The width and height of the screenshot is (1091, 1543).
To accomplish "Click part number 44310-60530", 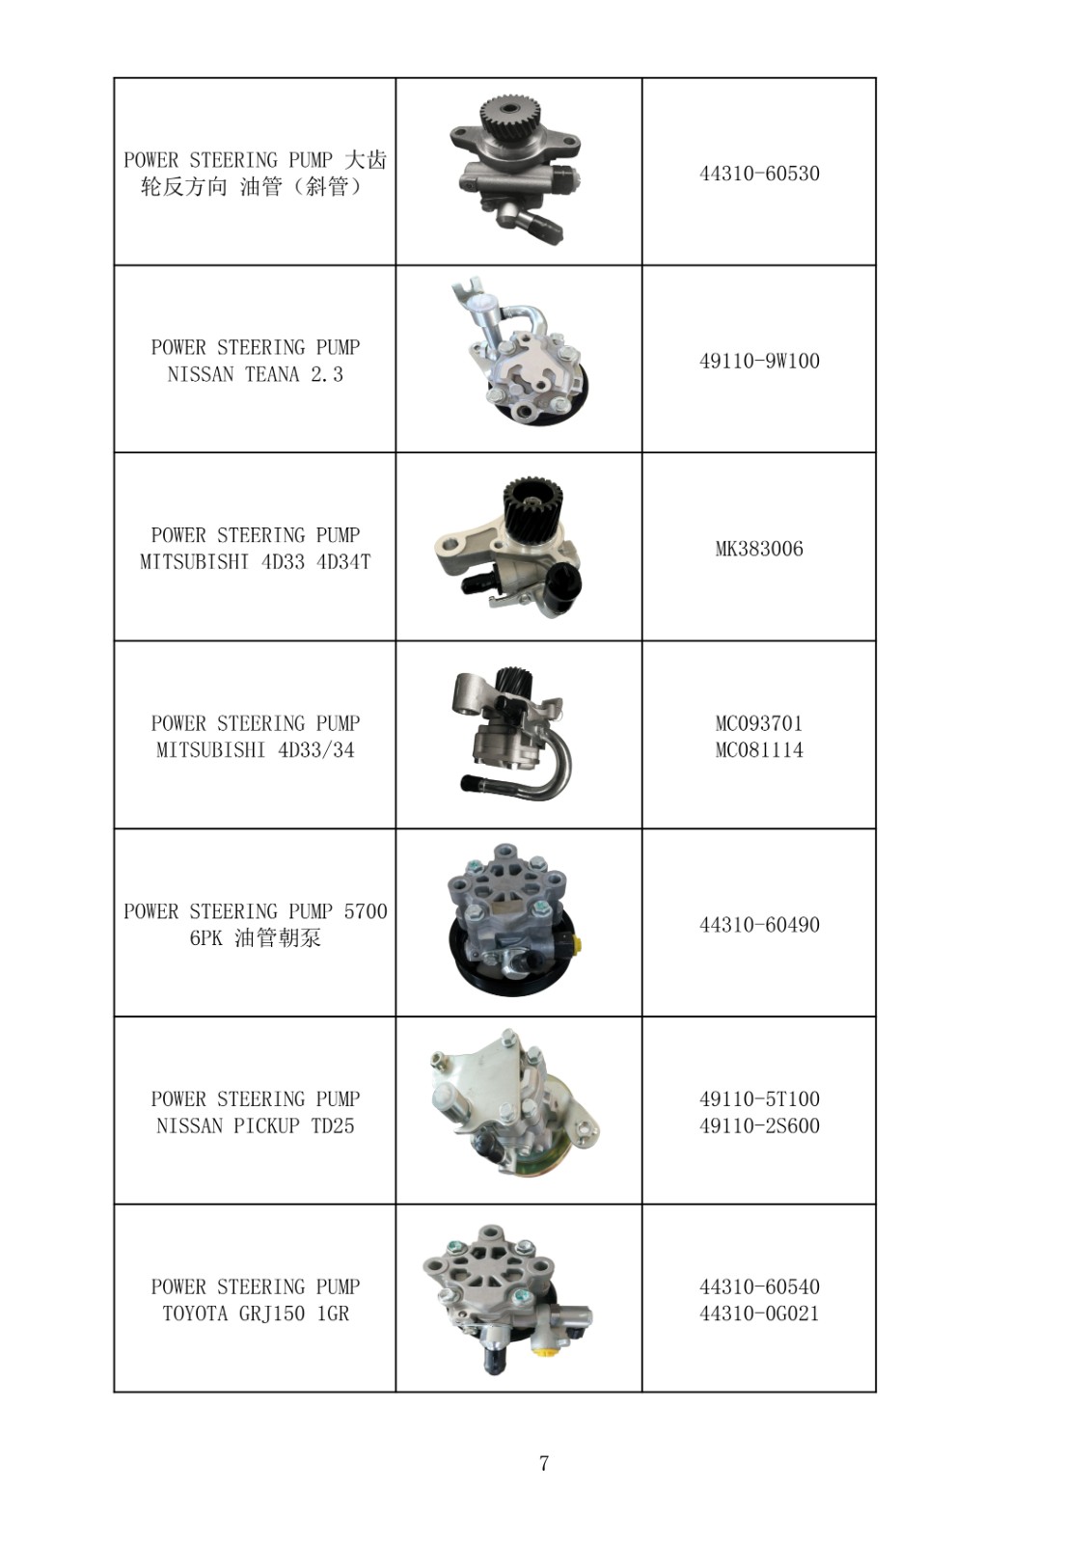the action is [x=759, y=174].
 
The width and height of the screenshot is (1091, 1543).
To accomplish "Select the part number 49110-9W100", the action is [x=759, y=361].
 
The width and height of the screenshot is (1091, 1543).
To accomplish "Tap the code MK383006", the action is [x=759, y=549].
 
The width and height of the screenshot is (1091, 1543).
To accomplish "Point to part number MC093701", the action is [x=759, y=723].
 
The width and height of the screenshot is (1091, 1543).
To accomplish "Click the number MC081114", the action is [x=759, y=750].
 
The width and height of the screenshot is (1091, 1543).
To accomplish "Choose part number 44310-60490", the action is [x=759, y=925].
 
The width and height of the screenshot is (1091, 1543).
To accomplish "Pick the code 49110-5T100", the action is [x=759, y=1098].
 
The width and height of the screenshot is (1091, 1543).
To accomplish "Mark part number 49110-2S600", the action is [x=759, y=1125].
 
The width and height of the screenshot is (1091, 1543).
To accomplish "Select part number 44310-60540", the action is [x=759, y=1286].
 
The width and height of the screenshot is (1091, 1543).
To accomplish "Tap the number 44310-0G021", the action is [x=759, y=1313].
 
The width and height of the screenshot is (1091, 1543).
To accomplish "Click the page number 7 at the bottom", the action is [x=544, y=1464].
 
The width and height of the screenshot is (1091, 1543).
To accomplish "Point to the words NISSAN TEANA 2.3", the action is [x=255, y=375].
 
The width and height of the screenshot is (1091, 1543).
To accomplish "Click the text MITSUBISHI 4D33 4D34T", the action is [x=255, y=562].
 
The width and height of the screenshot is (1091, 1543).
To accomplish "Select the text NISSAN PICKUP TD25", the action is [x=255, y=1125].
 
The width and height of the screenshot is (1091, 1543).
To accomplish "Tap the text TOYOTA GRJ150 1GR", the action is [x=255, y=1313].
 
